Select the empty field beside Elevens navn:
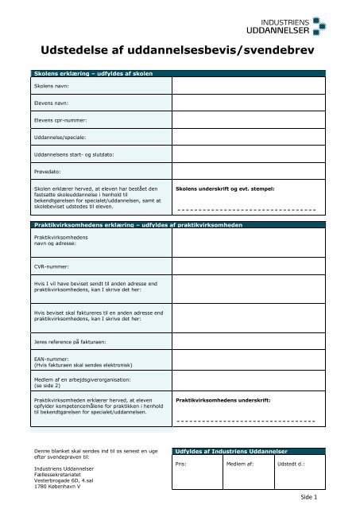pos(248,103)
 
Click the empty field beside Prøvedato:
pos(248,171)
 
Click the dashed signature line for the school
pos(246,209)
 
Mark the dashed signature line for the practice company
pos(246,420)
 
